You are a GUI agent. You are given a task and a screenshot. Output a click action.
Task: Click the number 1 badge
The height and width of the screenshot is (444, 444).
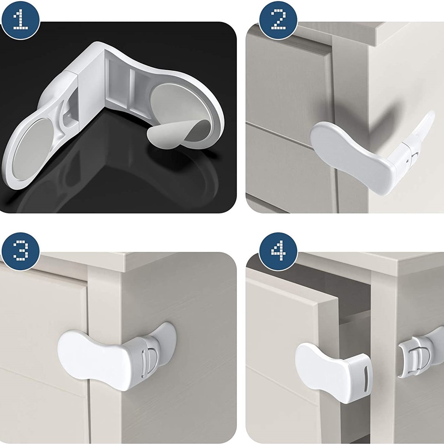21,20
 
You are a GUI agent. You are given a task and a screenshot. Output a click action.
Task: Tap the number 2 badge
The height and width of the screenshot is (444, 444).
278,20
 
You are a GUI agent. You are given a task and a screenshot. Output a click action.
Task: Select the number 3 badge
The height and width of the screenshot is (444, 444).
21,251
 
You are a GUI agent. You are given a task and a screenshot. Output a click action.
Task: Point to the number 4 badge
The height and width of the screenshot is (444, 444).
278,251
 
